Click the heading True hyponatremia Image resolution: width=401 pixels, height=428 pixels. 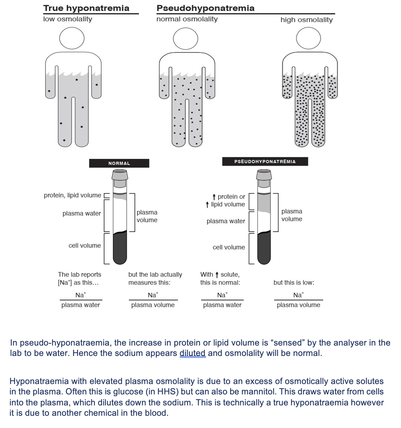[x=86, y=8]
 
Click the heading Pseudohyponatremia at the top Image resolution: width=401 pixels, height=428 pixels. [x=205, y=8]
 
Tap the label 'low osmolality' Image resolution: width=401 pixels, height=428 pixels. [x=67, y=19]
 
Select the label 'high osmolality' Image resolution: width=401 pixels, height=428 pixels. [x=306, y=20]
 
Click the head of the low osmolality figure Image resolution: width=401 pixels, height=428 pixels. [x=72, y=38]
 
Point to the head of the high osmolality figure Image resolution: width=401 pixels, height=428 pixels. [x=308, y=38]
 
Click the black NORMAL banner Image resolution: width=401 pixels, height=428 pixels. [x=119, y=163]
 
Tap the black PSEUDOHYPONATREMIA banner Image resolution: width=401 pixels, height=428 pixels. [x=265, y=161]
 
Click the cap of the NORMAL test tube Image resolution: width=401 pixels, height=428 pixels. [x=120, y=175]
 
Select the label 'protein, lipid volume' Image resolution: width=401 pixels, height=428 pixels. [x=72, y=195]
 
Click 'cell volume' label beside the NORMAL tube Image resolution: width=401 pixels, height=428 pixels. [x=85, y=245]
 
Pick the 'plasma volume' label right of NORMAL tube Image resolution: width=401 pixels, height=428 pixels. [x=147, y=216]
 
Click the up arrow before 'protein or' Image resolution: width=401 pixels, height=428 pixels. [x=214, y=197]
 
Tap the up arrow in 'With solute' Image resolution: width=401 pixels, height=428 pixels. [x=217, y=275]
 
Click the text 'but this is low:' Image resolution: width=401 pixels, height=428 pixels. [x=294, y=283]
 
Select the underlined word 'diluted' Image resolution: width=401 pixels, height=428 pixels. [x=193, y=353]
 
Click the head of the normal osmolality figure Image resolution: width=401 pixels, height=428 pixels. [x=186, y=39]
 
